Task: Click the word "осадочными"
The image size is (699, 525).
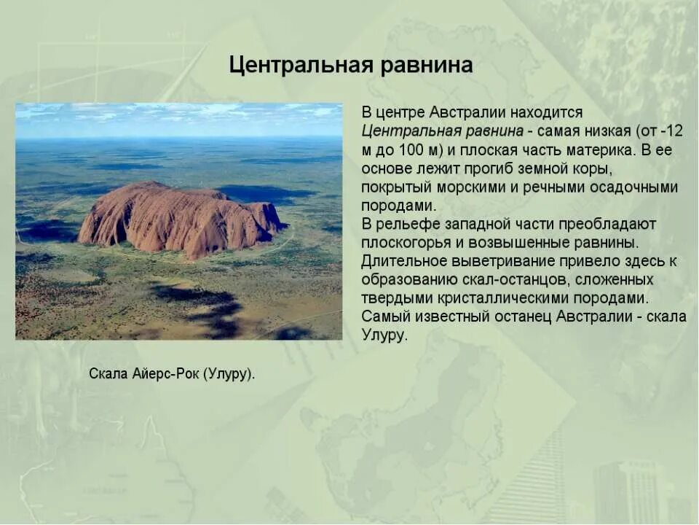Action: click(633, 187)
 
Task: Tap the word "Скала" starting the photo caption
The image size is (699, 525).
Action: click(108, 374)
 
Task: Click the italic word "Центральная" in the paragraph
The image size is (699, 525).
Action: click(406, 132)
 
